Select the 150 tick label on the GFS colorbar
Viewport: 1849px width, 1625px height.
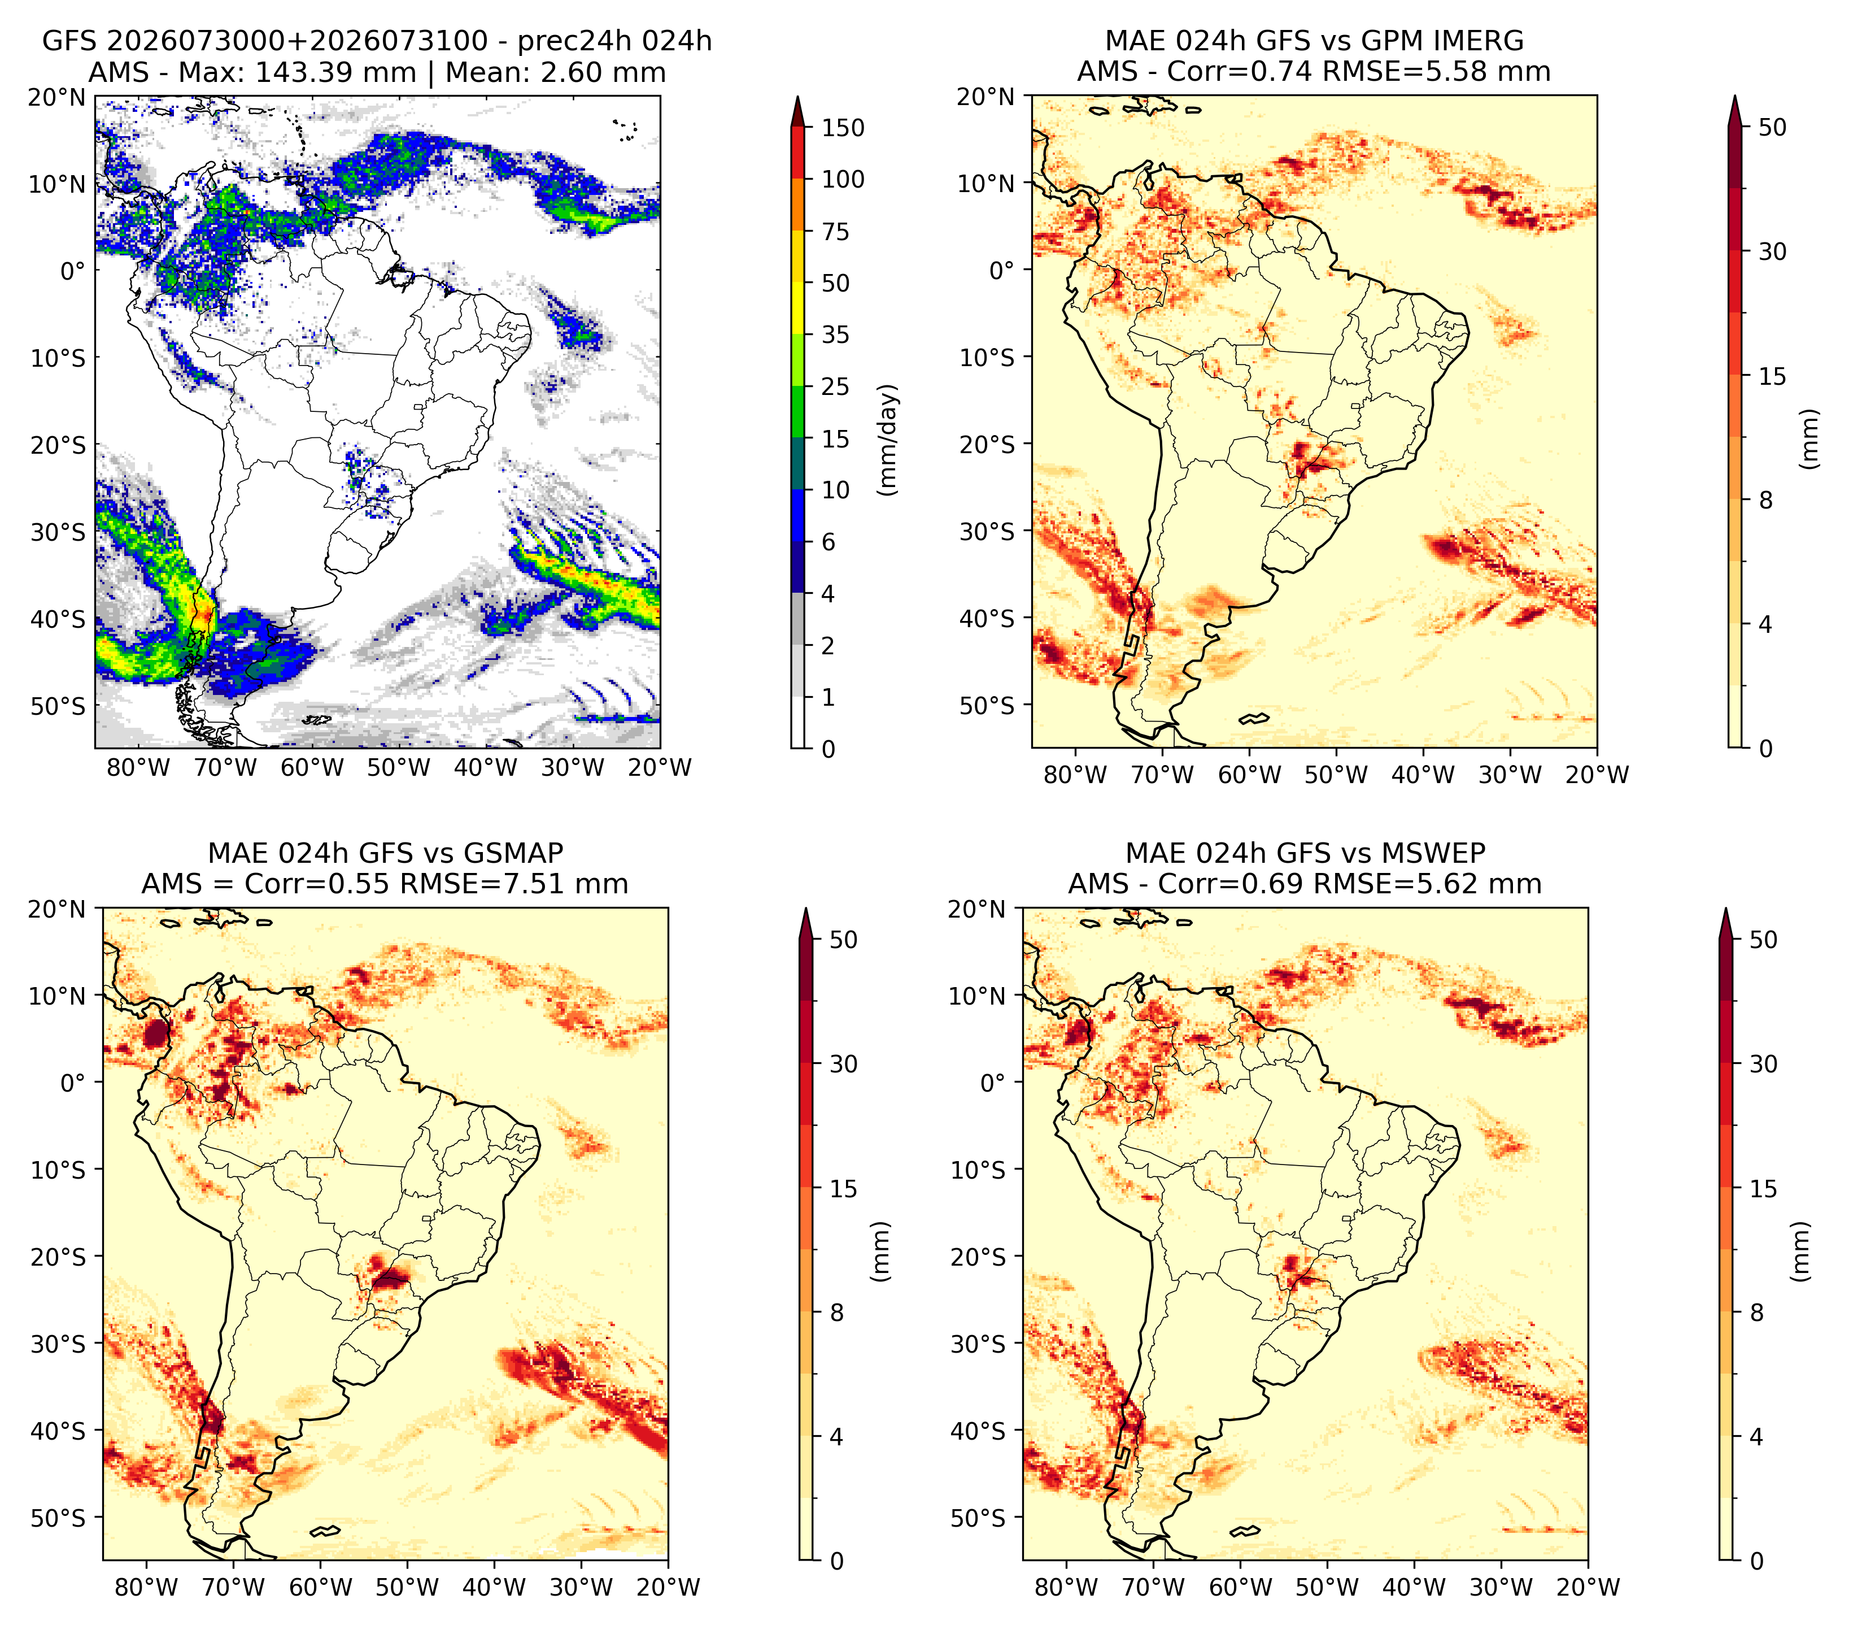[x=843, y=128]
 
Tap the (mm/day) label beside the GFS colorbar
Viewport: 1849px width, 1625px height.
[x=889, y=439]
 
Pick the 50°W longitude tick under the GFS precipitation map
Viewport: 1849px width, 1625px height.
[x=399, y=768]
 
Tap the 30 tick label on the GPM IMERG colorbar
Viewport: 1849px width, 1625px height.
[x=1773, y=251]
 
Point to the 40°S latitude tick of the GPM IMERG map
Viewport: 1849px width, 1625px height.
[x=987, y=618]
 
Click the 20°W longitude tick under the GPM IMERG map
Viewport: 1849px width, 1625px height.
[x=1597, y=775]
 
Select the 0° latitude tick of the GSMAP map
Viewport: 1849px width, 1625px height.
[x=73, y=1083]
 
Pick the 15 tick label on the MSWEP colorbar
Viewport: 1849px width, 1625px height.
[x=1763, y=1189]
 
